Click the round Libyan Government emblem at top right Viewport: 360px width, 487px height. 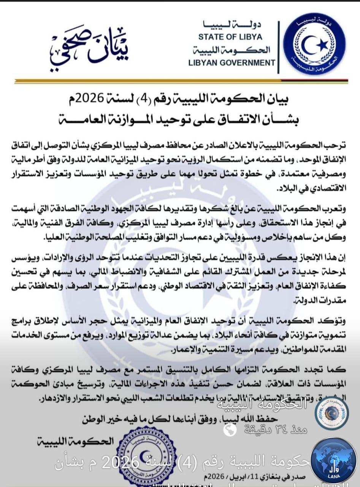point(314,43)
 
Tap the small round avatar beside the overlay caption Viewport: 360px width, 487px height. point(331,413)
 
